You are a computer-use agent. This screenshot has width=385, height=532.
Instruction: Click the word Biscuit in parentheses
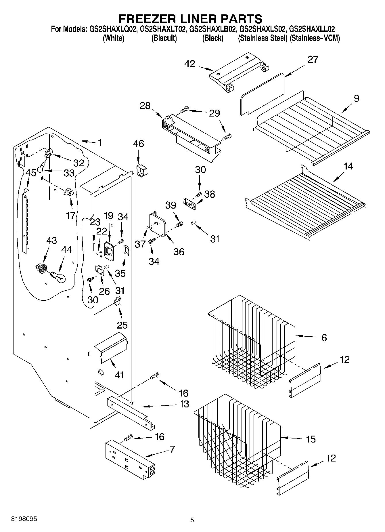tap(164, 38)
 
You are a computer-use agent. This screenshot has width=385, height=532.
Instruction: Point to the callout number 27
tap(313, 60)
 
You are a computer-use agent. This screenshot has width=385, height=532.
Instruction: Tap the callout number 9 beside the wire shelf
tap(356, 98)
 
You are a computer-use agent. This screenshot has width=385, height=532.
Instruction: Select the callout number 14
tap(348, 166)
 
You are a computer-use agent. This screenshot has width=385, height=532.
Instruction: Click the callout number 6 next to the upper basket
tap(324, 337)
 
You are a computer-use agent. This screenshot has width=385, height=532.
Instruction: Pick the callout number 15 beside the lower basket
tap(311, 439)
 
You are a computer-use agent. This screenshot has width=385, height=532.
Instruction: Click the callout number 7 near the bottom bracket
tap(172, 449)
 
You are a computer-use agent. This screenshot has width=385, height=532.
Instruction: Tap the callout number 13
tap(184, 404)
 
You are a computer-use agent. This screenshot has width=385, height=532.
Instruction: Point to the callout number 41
tap(119, 375)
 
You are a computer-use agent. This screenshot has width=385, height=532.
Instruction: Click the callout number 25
tap(122, 325)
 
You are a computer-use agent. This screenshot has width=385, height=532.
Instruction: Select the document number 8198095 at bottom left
tap(24, 519)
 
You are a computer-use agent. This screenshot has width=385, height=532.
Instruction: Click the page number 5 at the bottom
tap(192, 520)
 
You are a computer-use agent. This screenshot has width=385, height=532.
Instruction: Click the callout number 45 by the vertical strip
tap(31, 173)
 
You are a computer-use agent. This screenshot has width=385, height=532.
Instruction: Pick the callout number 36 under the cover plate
tap(179, 252)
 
